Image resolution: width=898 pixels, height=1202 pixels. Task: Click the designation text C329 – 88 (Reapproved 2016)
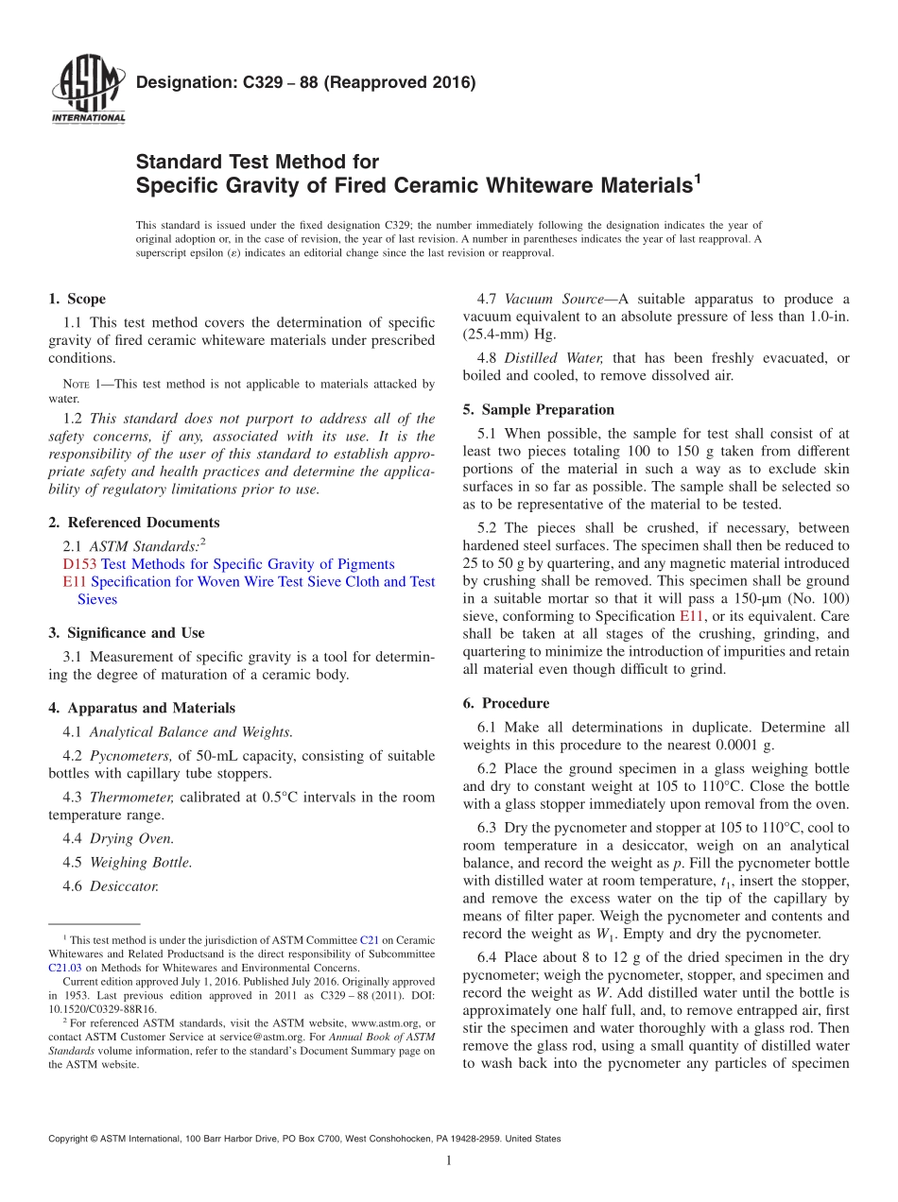[x=305, y=82]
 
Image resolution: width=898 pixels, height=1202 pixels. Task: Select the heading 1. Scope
[x=78, y=299]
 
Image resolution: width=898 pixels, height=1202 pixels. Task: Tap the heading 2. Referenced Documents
[x=134, y=523]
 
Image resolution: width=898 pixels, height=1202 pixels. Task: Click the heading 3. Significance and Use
[x=127, y=633]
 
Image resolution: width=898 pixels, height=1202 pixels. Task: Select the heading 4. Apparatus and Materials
[x=142, y=708]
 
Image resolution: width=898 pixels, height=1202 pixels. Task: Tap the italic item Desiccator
[x=124, y=886]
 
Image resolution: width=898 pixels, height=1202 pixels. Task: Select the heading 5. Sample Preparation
[x=538, y=410]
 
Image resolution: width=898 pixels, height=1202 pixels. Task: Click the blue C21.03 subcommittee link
[x=64, y=968]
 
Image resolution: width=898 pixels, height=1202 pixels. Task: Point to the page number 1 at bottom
[x=448, y=1160]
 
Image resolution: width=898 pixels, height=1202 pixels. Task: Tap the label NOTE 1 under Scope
[x=81, y=385]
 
